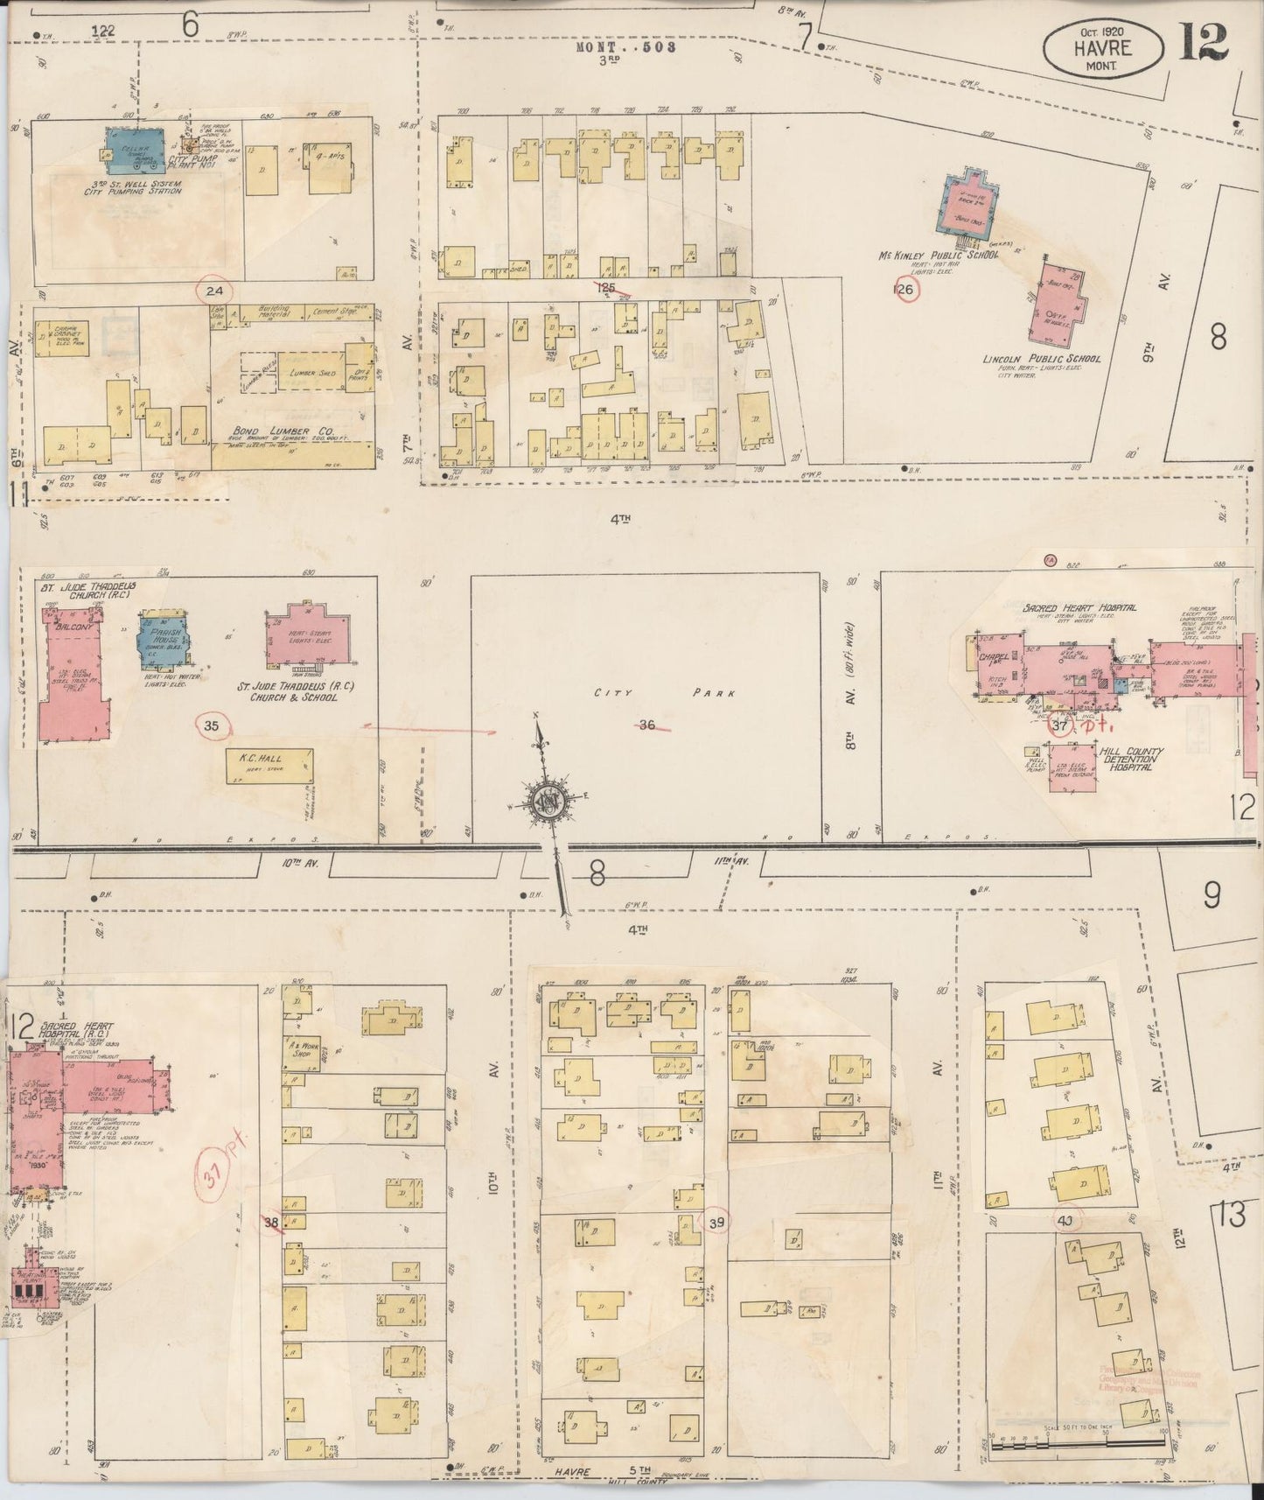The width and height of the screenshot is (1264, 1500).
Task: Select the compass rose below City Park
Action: coord(549,802)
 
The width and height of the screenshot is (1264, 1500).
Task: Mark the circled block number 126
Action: coord(905,289)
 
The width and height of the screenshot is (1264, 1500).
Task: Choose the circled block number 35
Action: coord(212,725)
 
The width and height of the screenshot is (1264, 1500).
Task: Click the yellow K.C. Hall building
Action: coord(270,767)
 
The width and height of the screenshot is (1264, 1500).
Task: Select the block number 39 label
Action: coord(718,1222)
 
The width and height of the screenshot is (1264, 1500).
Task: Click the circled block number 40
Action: coord(1065,1220)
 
